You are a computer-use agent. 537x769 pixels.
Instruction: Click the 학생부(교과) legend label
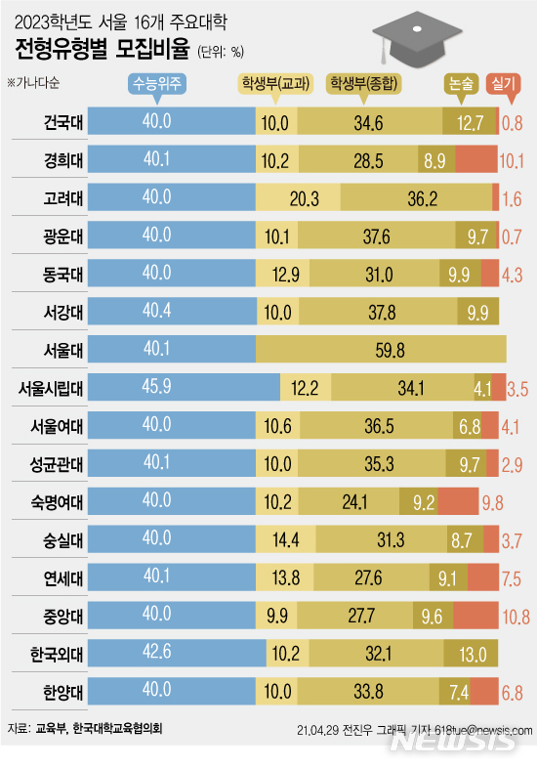point(278,85)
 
